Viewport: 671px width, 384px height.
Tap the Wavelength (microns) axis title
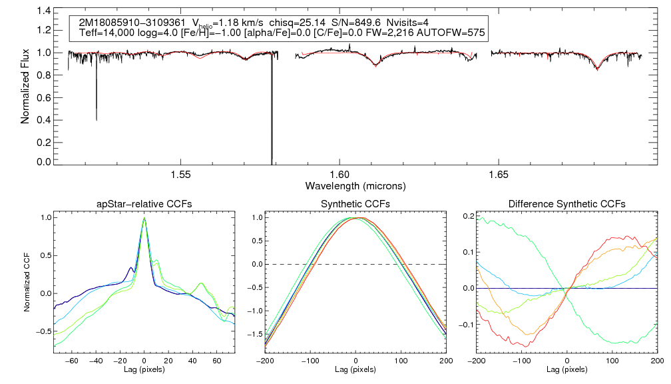click(355, 185)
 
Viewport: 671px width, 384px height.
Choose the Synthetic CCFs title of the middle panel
click(355, 203)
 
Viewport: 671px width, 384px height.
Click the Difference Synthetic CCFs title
click(566, 203)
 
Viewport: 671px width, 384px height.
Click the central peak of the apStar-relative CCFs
click(144, 219)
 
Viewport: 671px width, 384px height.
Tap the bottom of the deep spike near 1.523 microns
click(97, 119)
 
